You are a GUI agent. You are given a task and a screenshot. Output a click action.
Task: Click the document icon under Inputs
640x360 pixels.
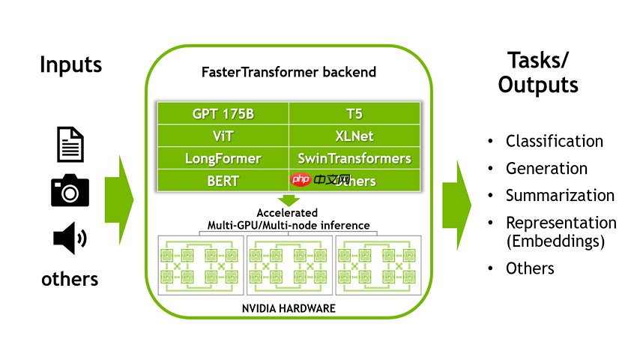tap(70, 144)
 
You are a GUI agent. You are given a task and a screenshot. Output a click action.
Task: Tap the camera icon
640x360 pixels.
tap(70, 190)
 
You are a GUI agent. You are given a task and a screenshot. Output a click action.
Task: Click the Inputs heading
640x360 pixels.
tap(70, 64)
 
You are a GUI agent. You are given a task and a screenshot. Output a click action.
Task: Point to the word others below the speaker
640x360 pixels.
tap(70, 279)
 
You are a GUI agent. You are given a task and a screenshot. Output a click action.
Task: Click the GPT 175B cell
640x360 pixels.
tap(223, 115)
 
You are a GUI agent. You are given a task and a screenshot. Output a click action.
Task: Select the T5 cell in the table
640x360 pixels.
tap(354, 115)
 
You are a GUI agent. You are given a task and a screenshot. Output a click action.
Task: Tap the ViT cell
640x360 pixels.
tap(223, 136)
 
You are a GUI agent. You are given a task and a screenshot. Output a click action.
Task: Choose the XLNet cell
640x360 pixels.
tap(354, 136)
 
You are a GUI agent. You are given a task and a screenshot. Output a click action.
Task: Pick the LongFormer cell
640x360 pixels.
tap(223, 158)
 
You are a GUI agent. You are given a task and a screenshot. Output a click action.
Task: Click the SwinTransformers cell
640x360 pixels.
tap(354, 158)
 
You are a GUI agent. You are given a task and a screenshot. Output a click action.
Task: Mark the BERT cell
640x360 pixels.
tap(223, 181)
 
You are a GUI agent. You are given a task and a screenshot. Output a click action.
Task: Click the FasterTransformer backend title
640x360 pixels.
tap(289, 73)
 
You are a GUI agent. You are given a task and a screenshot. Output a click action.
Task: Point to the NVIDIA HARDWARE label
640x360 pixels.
tap(289, 308)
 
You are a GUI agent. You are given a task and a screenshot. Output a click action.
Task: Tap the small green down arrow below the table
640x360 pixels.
tap(288, 199)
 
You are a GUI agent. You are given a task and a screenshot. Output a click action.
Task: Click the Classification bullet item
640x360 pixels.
tap(554, 141)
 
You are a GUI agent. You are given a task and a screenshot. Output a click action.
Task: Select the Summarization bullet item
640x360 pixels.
tap(560, 195)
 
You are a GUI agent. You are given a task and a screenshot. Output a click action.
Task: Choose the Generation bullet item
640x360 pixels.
tap(546, 168)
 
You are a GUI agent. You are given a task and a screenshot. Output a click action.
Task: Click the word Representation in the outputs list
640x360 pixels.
tap(561, 223)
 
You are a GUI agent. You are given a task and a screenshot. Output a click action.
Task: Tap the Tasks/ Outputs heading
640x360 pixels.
tap(538, 72)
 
